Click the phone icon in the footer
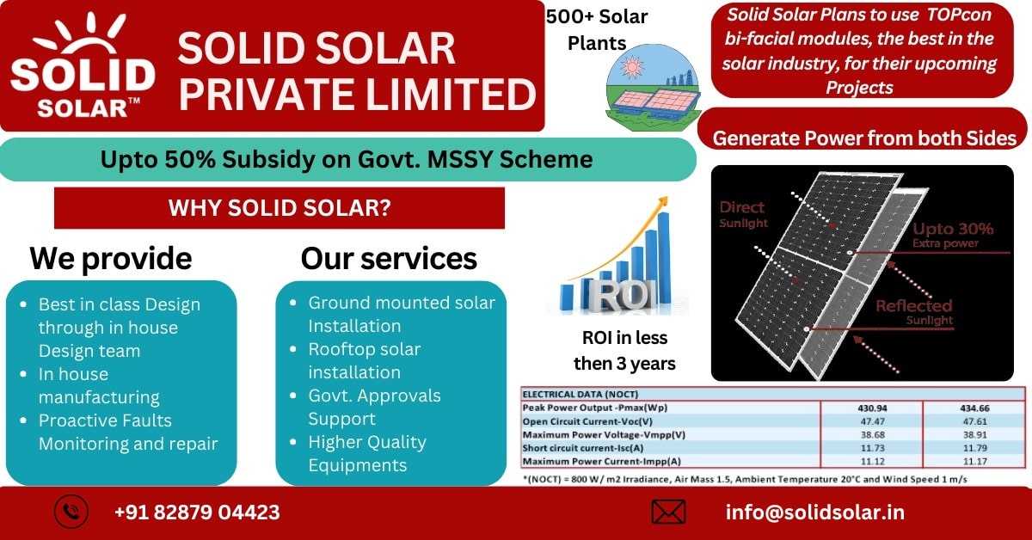71,512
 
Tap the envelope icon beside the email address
668,512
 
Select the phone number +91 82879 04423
197,512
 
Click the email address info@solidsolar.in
815,512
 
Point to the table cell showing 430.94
872,408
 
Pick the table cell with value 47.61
974,421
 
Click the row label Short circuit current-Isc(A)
583,448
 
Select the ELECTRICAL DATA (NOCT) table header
580,395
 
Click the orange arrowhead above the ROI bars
662,202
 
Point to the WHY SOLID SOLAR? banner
279,208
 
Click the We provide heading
111,259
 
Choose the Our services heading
389,259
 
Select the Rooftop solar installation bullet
365,361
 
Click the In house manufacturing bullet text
99,385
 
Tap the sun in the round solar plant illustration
631,67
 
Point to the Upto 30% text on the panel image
953,229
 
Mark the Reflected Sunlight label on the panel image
914,312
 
